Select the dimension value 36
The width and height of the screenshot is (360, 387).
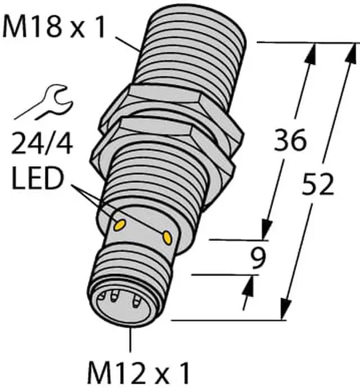290,140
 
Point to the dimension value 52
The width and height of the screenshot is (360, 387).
318,184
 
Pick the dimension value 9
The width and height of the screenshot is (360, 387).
258,258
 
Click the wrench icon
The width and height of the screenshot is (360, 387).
44,103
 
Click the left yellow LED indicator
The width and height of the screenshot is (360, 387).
120,225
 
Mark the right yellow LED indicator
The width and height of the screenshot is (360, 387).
166,238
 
